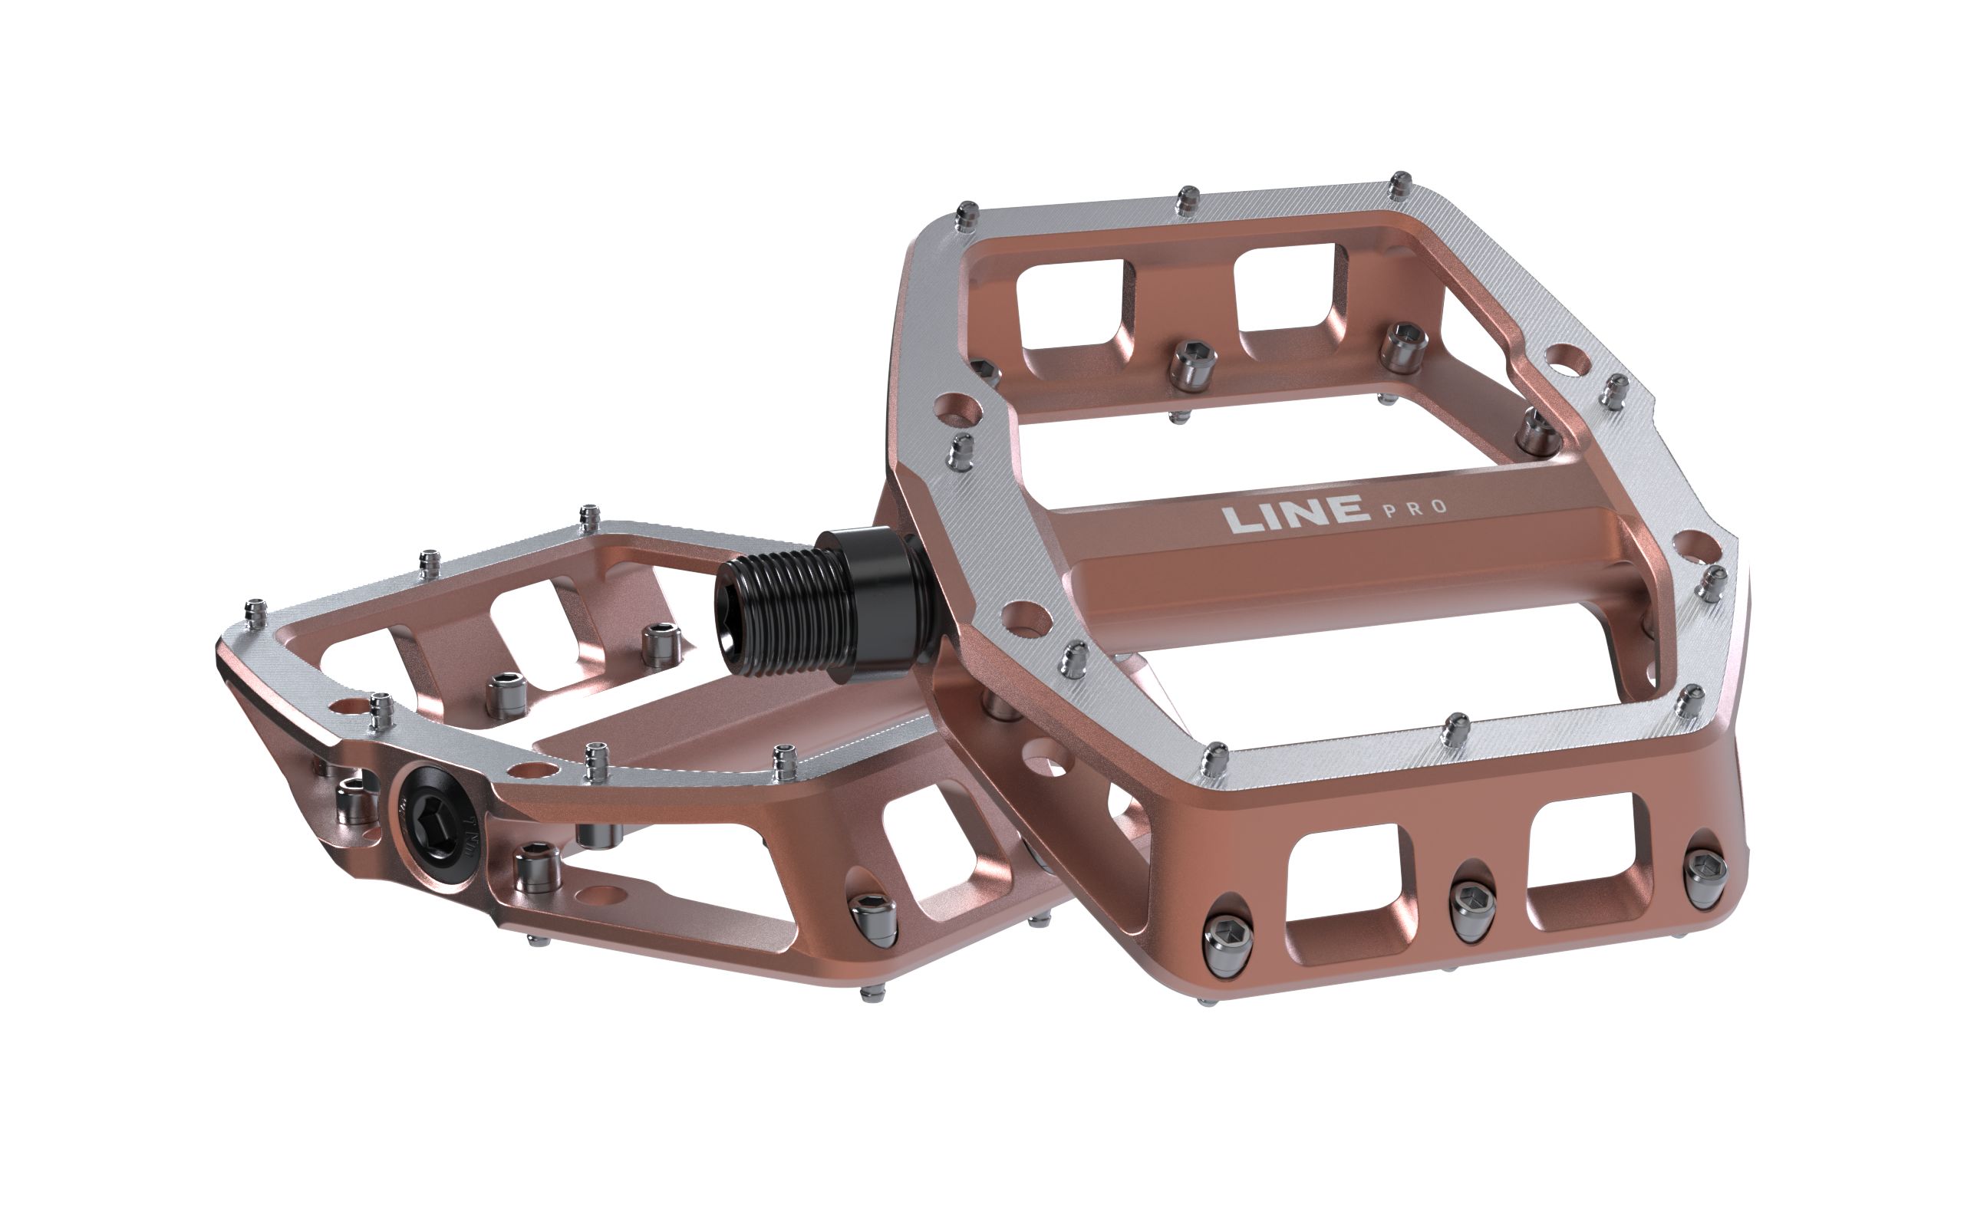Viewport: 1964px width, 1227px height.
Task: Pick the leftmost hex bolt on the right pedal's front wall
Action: click(x=1226, y=938)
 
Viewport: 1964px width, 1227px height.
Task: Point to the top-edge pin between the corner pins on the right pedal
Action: click(x=1188, y=199)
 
